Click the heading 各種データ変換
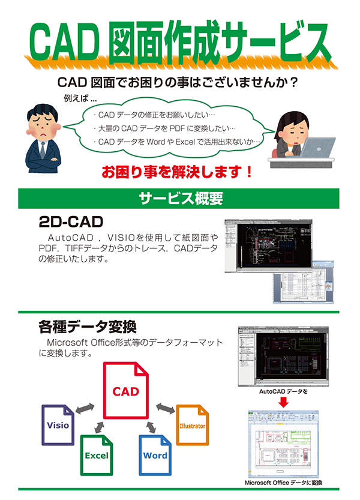87,328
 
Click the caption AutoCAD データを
283,391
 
